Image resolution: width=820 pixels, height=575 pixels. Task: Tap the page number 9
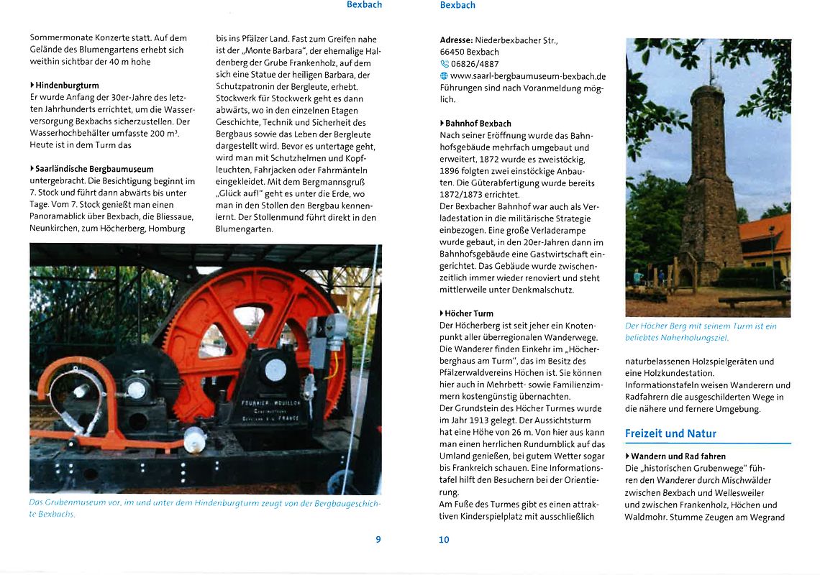pos(378,540)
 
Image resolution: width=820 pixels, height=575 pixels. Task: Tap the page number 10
pos(444,540)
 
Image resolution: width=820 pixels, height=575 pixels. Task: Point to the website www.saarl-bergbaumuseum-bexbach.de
pos(528,76)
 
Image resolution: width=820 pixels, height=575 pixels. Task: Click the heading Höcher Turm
pos(469,313)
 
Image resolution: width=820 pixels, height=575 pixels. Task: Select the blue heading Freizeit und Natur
pos(670,433)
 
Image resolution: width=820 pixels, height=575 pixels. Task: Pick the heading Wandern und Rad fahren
pos(678,456)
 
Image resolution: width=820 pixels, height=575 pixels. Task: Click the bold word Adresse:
pos(456,40)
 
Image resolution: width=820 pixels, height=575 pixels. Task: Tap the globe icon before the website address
pos(444,76)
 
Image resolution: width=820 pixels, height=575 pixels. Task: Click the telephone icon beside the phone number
pos(444,64)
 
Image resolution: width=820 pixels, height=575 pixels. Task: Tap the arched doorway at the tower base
pos(685,277)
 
